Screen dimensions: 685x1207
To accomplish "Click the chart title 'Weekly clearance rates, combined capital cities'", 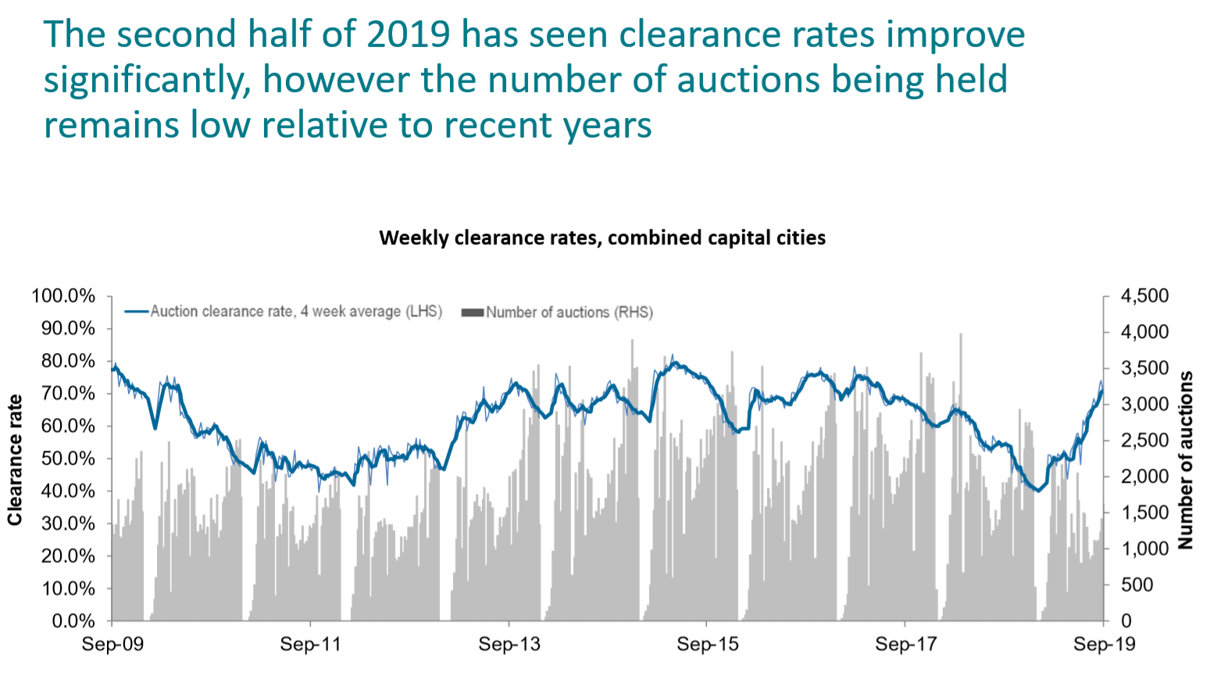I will point(602,237).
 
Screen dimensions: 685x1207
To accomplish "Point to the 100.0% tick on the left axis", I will point(63,296).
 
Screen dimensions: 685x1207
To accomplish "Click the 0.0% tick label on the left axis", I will point(73,622).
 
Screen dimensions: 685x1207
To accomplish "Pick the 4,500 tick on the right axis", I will point(1145,296).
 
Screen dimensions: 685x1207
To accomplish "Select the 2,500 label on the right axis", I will point(1145,441).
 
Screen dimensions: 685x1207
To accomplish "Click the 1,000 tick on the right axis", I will point(1145,549).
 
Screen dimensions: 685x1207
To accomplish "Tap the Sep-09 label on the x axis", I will point(112,644).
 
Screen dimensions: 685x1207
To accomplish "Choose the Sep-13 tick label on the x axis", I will point(509,644).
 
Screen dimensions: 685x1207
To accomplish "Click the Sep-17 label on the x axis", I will point(905,644).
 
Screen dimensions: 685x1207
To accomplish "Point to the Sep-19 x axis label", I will point(1104,644).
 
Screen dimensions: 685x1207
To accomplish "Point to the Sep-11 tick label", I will point(311,644).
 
